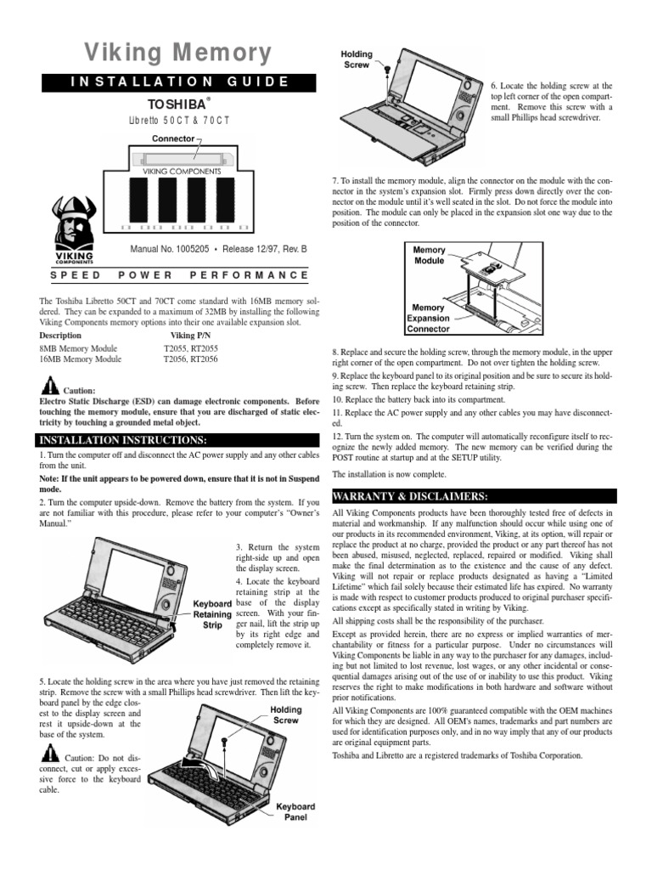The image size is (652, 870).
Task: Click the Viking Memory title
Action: coord(177,54)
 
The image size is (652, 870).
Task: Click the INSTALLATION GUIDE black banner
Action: coord(177,82)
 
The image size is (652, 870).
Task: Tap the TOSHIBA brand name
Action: coord(176,104)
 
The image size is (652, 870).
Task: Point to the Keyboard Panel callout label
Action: coord(295,812)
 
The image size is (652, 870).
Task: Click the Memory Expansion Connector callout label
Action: coord(429,318)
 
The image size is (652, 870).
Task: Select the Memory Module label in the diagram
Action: coord(429,256)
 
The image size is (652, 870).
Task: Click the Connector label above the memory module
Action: coord(174,138)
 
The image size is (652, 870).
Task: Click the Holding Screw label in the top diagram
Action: coord(357,59)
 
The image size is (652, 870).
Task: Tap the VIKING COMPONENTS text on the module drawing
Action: coord(181,171)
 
